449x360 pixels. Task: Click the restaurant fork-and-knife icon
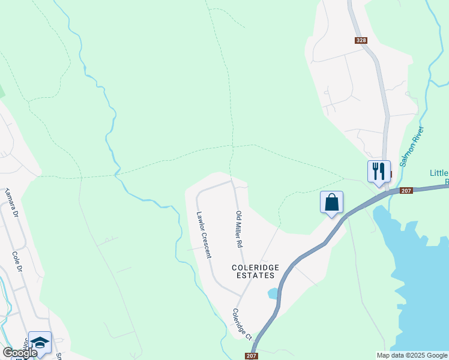[x=379, y=171]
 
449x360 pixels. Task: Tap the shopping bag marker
[x=331, y=202]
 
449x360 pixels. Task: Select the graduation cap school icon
[x=40, y=343]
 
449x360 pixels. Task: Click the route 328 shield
[x=360, y=40]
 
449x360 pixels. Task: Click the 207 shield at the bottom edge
[x=252, y=356]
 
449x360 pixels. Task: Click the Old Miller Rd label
[x=239, y=229]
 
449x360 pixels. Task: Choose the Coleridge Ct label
[x=243, y=325]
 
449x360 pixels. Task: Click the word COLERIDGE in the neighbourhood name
[x=254, y=267]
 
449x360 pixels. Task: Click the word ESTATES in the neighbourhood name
[x=255, y=275]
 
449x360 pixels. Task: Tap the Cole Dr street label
[x=17, y=262]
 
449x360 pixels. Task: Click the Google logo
[x=20, y=353]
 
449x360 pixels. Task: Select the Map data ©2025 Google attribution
[x=412, y=355]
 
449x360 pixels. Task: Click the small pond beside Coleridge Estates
[x=273, y=293]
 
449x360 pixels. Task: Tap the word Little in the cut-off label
[x=439, y=173]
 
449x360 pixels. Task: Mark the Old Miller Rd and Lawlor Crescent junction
[x=232, y=181]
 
